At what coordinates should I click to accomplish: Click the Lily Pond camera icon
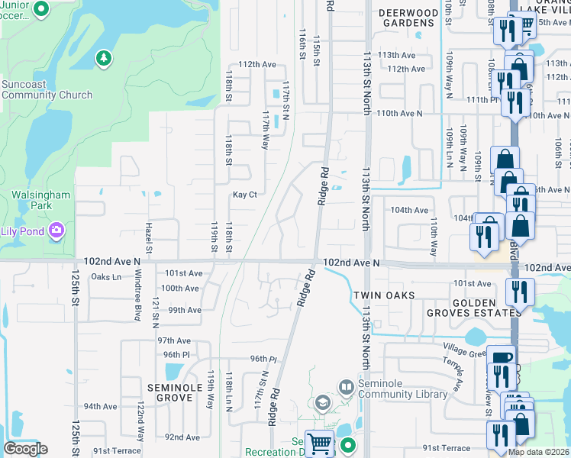[x=56, y=230]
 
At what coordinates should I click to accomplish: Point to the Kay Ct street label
[x=244, y=195]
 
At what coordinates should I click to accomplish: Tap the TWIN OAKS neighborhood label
[x=384, y=295]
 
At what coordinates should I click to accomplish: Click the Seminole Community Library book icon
[x=347, y=388]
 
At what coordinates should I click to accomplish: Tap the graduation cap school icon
[x=323, y=402]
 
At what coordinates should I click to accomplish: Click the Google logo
[x=25, y=449]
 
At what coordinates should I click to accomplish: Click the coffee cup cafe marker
[x=502, y=358]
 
